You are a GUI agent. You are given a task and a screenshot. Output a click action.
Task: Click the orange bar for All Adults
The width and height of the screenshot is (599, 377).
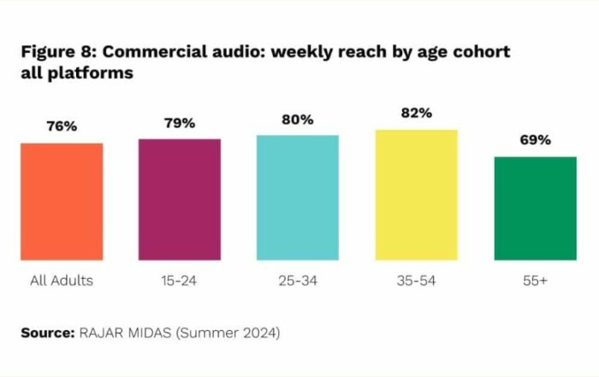click(x=62, y=201)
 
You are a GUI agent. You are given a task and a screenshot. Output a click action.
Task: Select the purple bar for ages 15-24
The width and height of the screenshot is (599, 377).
click(x=180, y=198)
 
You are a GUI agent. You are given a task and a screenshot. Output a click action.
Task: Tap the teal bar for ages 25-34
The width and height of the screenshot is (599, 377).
click(x=298, y=197)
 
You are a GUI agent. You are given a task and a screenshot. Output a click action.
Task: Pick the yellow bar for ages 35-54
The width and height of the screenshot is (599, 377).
click(x=417, y=194)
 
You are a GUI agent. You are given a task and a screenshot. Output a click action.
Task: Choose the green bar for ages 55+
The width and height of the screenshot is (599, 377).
click(x=535, y=208)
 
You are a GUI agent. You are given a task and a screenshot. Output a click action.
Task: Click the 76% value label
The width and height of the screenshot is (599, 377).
click(x=62, y=127)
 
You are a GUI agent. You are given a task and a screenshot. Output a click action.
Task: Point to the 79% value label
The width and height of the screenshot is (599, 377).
click(x=180, y=122)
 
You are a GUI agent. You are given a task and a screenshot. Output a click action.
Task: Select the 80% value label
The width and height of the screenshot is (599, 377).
click(x=298, y=120)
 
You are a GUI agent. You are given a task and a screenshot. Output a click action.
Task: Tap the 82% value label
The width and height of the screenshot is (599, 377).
click(x=417, y=114)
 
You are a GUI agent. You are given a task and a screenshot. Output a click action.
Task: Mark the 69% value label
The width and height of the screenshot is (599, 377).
click(x=535, y=140)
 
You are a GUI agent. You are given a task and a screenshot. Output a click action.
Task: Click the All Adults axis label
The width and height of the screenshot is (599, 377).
click(x=62, y=280)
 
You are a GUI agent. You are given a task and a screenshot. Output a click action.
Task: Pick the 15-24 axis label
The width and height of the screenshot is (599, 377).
click(x=180, y=280)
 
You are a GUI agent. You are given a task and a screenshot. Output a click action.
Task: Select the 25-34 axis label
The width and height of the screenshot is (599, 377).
click(x=298, y=280)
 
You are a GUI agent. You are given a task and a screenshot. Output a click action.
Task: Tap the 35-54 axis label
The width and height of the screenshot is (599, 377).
click(x=417, y=280)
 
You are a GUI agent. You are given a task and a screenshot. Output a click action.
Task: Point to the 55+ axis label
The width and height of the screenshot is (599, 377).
click(x=535, y=280)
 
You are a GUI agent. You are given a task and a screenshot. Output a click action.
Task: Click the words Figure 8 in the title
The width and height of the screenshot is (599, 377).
click(x=56, y=52)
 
